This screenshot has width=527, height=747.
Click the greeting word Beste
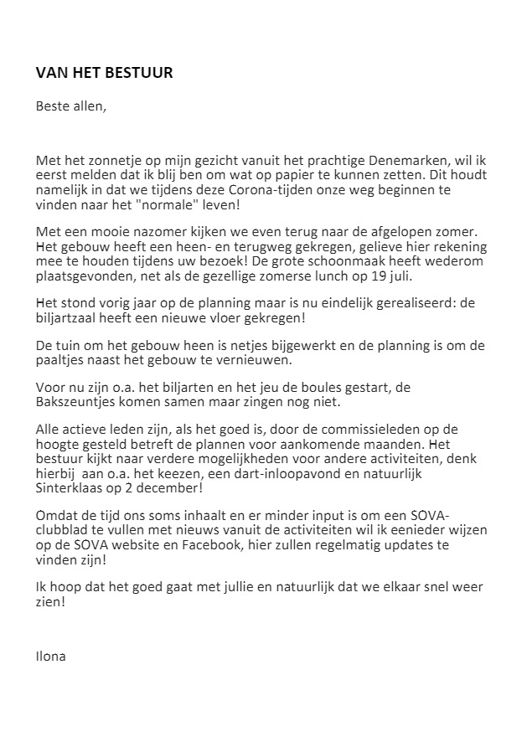53,106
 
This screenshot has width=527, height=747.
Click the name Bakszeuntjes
74,403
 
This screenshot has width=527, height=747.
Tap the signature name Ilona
50,656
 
